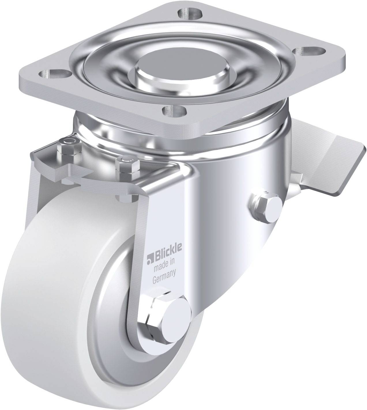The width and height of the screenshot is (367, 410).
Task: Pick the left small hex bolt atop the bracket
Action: pyautogui.click(x=69, y=143)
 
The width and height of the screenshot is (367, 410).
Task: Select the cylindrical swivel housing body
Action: pyautogui.click(x=225, y=179)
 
